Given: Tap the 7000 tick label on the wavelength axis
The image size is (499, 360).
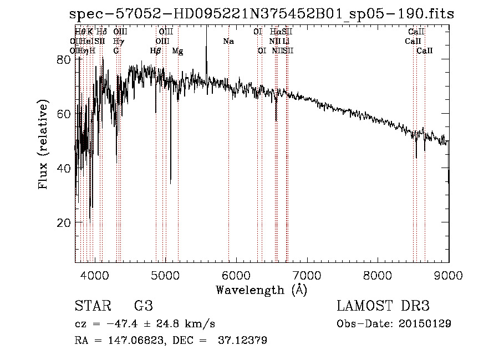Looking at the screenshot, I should click(307, 275).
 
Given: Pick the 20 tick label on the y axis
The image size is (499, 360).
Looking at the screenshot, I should click(64, 223).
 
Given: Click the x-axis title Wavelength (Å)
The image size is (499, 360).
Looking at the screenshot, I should click(261, 290).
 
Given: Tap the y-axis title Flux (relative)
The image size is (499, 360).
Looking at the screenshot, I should click(44, 142).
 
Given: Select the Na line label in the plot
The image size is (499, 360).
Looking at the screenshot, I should click(228, 42).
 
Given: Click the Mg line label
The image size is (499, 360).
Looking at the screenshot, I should click(177, 51).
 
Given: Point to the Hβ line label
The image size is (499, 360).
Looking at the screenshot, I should click(156, 51).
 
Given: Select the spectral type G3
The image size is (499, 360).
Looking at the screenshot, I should click(144, 306).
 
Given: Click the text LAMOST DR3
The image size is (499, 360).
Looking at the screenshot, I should click(383, 306).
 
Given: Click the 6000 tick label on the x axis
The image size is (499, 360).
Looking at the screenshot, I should click(237, 275).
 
